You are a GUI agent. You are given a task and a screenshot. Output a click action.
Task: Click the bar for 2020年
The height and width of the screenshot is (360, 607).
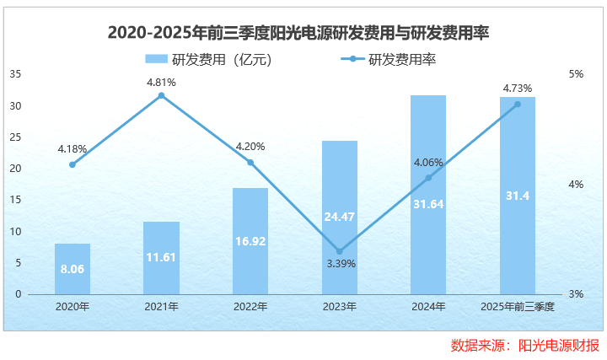pyautogui.click(x=73, y=269)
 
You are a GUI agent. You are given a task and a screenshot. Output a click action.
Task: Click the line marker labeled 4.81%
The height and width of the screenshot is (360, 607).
pyautogui.click(x=161, y=96)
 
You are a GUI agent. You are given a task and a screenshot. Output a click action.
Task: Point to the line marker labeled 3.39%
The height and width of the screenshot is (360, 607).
pyautogui.click(x=340, y=251)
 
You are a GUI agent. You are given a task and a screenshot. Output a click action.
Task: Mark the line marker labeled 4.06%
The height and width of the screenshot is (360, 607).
pyautogui.click(x=428, y=178)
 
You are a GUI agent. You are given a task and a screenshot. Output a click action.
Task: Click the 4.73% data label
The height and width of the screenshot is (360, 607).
pyautogui.click(x=517, y=88)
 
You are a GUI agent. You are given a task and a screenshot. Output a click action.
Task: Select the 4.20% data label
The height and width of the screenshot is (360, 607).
pyautogui.click(x=250, y=146)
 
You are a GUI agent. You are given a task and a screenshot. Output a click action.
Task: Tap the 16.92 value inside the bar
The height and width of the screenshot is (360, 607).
pyautogui.click(x=250, y=241)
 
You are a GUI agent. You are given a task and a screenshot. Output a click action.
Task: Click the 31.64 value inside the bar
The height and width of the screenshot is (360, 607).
pyautogui.click(x=428, y=218)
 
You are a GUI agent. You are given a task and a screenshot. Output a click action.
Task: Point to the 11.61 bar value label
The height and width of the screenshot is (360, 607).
pyautogui.click(x=161, y=257)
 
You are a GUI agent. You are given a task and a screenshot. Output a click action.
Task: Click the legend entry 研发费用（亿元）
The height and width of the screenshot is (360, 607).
pyautogui.click(x=208, y=60)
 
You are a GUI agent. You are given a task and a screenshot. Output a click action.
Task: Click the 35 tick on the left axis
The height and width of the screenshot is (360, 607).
pyautogui.click(x=15, y=74)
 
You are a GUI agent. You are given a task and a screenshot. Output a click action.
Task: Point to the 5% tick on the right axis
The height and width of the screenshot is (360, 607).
pyautogui.click(x=577, y=74)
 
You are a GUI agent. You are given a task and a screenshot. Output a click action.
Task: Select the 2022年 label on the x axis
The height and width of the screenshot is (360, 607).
pyautogui.click(x=250, y=307)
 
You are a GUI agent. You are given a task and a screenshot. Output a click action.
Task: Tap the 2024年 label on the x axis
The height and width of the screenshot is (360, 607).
pyautogui.click(x=428, y=307)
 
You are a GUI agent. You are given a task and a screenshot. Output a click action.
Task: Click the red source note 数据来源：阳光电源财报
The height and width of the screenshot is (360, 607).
pyautogui.click(x=524, y=345)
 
